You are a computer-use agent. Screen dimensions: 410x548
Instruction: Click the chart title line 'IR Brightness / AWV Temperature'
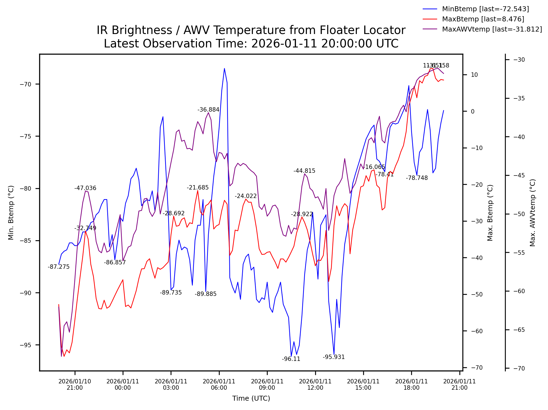[x=251, y=30]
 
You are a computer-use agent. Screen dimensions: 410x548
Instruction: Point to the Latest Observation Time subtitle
[x=251, y=44]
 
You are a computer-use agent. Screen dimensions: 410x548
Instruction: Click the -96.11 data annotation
[x=291, y=359]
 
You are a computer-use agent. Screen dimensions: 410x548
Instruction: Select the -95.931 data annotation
[x=334, y=357]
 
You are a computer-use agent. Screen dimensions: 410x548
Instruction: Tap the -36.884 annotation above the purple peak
[x=208, y=110]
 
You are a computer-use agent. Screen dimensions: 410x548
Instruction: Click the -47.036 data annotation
[x=85, y=188]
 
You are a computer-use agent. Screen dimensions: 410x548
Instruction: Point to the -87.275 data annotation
[x=59, y=267]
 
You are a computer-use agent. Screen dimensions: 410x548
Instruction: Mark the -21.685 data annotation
[x=198, y=188]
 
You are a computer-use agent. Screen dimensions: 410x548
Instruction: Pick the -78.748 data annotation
[x=417, y=178]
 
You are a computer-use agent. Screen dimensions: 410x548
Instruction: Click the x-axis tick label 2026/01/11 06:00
[x=219, y=384]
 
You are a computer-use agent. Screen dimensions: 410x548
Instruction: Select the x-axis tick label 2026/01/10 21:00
[x=75, y=384]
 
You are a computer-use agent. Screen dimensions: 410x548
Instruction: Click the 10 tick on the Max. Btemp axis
[x=474, y=75]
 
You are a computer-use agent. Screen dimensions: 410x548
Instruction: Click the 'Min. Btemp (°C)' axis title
[x=11, y=213]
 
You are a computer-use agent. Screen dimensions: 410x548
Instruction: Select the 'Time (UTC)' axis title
[x=251, y=398]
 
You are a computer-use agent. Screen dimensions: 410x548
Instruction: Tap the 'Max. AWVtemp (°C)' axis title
[x=532, y=213]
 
